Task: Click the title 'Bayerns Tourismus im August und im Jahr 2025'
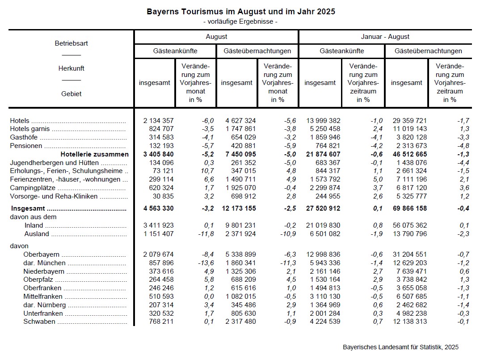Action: coord(240,11)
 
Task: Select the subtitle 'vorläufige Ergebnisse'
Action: coord(240,21)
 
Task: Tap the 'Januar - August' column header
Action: coord(385,37)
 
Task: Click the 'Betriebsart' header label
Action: coord(71,43)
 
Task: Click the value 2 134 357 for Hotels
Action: coord(158,121)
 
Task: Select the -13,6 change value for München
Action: coord(206,263)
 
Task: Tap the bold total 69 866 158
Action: coord(408,208)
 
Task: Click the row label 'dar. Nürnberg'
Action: coord(45,305)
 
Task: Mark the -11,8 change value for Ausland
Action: coord(206,234)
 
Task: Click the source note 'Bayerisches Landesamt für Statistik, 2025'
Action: coord(400,347)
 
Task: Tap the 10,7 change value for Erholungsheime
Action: coord(207,171)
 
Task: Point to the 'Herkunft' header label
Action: coord(71,68)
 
